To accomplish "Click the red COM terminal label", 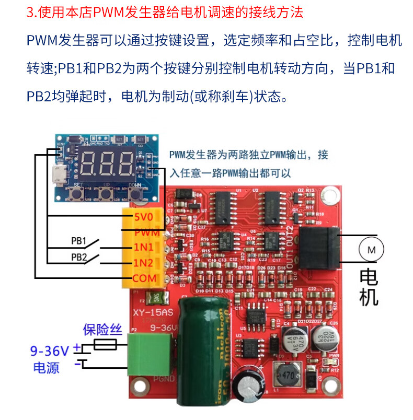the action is pos(144,278).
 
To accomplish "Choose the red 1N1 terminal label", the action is pos(144,247).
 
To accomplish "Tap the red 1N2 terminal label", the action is pos(144,263).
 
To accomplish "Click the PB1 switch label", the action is pos(78,241).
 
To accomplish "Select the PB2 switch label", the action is pos(78,258).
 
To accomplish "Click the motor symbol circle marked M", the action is pos(371,250).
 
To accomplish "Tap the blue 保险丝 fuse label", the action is pos(102,330).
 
